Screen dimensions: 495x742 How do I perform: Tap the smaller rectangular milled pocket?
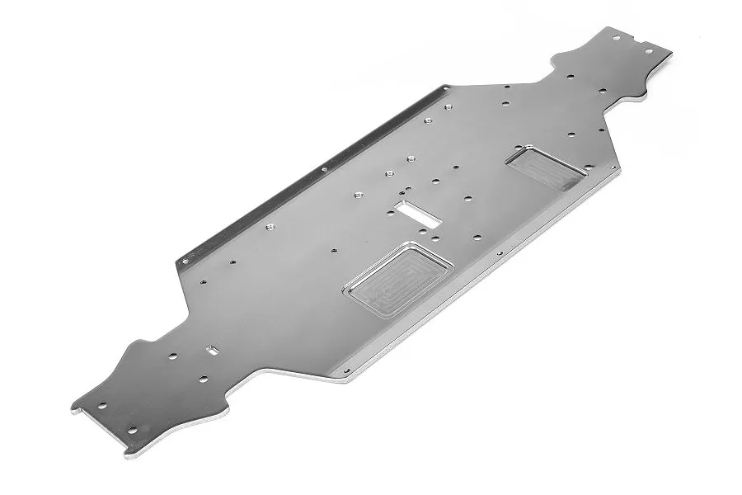[x=547, y=168]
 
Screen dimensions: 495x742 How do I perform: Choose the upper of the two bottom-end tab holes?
[x=102, y=406]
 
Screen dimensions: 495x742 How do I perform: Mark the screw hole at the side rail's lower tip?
[x=185, y=262]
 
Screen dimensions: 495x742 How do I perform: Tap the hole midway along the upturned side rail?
[x=323, y=169]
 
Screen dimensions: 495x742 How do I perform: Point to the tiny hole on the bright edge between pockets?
[x=500, y=253]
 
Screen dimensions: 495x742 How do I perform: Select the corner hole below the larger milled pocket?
[x=347, y=370]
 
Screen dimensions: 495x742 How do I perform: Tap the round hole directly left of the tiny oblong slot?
[x=172, y=356]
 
